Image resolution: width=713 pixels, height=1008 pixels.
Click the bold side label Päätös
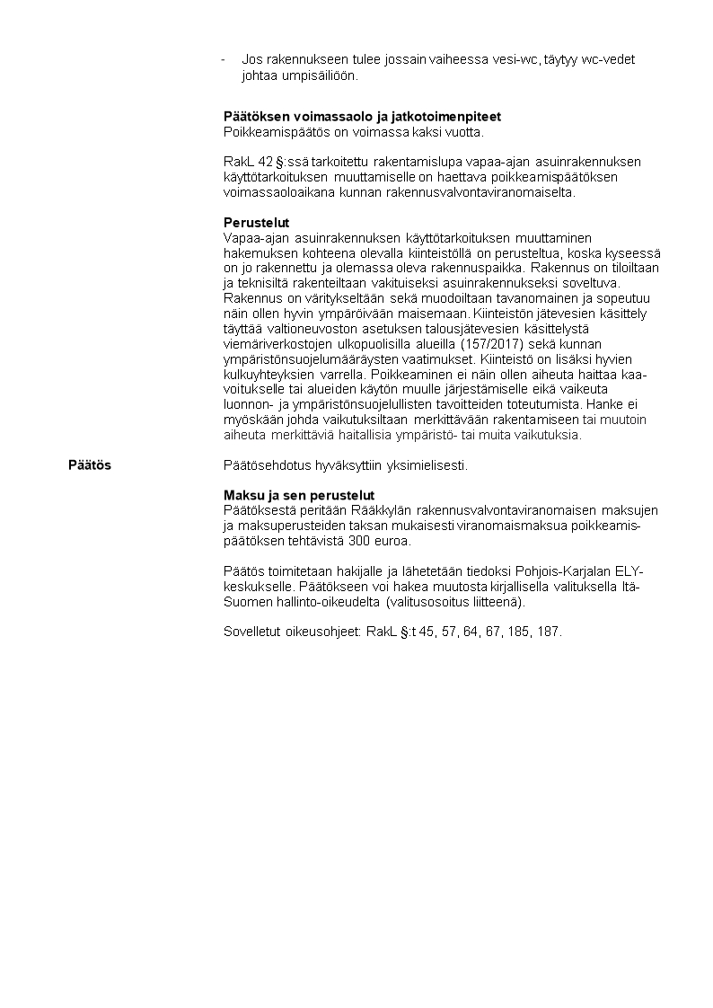click(x=90, y=465)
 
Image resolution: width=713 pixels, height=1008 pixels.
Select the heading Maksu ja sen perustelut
click(x=298, y=496)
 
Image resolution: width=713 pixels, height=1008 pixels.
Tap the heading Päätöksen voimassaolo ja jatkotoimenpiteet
click(x=362, y=117)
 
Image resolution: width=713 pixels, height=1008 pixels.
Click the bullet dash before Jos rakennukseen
click(x=224, y=59)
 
